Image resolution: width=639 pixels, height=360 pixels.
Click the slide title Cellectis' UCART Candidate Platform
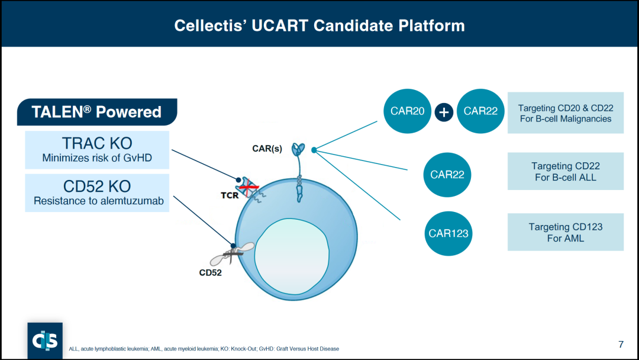pos(319,26)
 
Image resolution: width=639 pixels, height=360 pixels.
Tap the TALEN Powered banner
pos(97,112)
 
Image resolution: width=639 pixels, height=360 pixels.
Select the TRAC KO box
pos(97,150)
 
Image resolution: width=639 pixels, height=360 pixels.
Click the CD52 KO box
pos(97,192)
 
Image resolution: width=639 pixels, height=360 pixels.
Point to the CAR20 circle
pos(408,111)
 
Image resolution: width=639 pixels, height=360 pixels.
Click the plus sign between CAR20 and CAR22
pos(444,111)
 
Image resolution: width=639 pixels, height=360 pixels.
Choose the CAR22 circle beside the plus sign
pos(480,111)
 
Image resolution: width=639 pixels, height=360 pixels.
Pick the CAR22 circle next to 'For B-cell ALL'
pos(447,175)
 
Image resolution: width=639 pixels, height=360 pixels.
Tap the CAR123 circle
pos(448,233)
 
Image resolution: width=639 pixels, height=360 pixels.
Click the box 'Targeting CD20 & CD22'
pos(565,113)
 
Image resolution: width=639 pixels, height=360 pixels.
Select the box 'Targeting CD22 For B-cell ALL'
pos(565,171)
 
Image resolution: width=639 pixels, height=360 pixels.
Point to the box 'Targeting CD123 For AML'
pos(565,232)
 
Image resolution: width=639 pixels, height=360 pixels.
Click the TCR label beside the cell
pos(230,195)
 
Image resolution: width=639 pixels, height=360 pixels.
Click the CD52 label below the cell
pos(210,273)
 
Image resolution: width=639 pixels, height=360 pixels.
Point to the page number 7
pos(621,344)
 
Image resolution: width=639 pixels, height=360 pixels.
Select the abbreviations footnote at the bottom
pos(204,349)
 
